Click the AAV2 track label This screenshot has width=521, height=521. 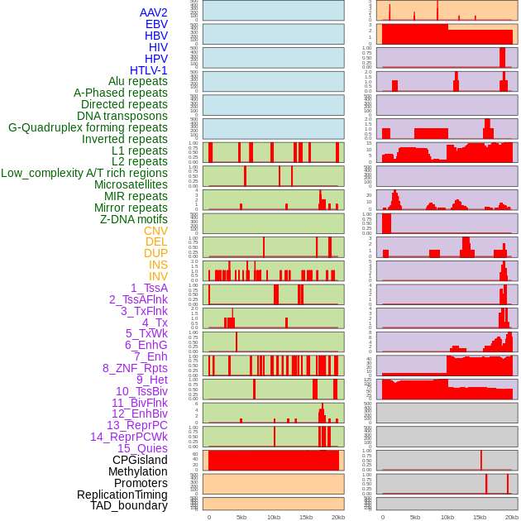point(153,12)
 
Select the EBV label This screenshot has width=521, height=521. point(156,24)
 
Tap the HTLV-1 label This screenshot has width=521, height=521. point(148,70)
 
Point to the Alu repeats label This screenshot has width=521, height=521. point(137,81)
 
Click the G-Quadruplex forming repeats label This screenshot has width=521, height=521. point(88,127)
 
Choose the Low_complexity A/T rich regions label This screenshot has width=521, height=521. point(84,173)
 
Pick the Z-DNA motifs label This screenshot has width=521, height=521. point(133,219)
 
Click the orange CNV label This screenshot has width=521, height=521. point(155,231)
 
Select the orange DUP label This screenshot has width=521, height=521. point(155,253)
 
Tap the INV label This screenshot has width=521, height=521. point(158,276)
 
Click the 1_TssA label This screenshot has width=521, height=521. point(149,288)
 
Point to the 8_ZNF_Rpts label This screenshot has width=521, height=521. point(135,368)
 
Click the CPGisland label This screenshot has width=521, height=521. point(140,460)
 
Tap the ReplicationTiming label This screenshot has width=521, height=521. point(122,495)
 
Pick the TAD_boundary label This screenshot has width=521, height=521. point(129,505)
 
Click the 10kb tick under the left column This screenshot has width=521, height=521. point(274,517)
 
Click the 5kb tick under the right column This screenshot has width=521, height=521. point(415,517)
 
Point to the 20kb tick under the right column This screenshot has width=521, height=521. point(512,517)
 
